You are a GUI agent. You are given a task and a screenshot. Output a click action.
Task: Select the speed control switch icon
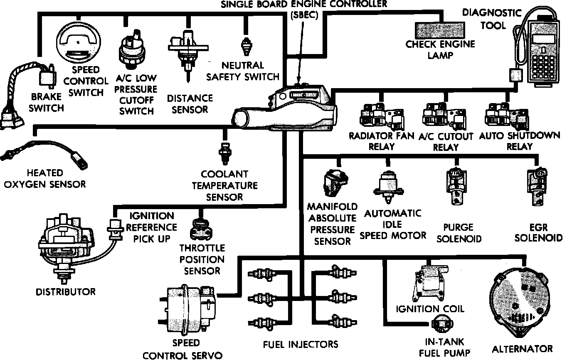pos(78,42)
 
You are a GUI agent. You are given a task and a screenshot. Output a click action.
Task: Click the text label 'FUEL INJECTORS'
pos(300,344)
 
